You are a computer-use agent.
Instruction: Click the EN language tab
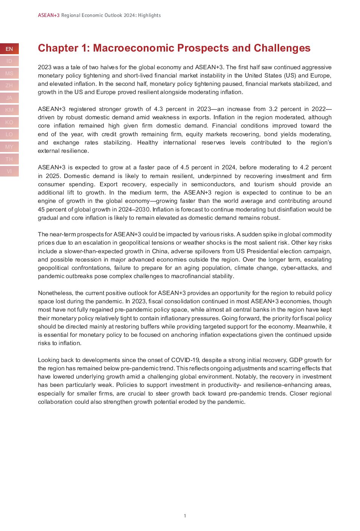pyautogui.click(x=9, y=49)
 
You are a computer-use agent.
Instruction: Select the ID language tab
pyautogui.click(x=9, y=61)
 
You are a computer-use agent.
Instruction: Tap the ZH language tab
pyautogui.click(x=9, y=85)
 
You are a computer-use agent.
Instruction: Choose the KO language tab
pyautogui.click(x=9, y=122)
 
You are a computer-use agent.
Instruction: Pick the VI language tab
pyautogui.click(x=9, y=171)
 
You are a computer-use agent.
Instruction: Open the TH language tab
pyautogui.click(x=9, y=159)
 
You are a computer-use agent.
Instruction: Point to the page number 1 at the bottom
pyautogui.click(x=185, y=516)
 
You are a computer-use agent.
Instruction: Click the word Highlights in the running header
pyautogui.click(x=149, y=15)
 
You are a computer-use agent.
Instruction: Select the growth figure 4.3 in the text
pyautogui.click(x=158, y=109)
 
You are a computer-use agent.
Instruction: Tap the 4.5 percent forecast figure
pyautogui.click(x=185, y=167)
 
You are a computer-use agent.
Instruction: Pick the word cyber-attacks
pyautogui.click(x=299, y=268)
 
